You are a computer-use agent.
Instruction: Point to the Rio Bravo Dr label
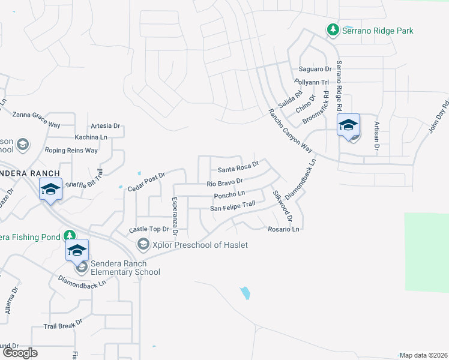(x=224, y=181)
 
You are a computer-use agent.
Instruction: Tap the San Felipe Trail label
(x=232, y=206)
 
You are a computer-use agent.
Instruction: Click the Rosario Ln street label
(x=283, y=229)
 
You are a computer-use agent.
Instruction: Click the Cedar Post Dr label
(x=146, y=181)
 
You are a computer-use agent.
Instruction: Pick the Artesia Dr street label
(x=105, y=126)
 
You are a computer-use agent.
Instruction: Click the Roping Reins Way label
(x=71, y=151)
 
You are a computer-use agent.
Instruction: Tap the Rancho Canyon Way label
(x=291, y=130)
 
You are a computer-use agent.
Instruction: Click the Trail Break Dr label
(x=62, y=327)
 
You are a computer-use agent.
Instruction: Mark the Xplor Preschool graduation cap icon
(x=143, y=244)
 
